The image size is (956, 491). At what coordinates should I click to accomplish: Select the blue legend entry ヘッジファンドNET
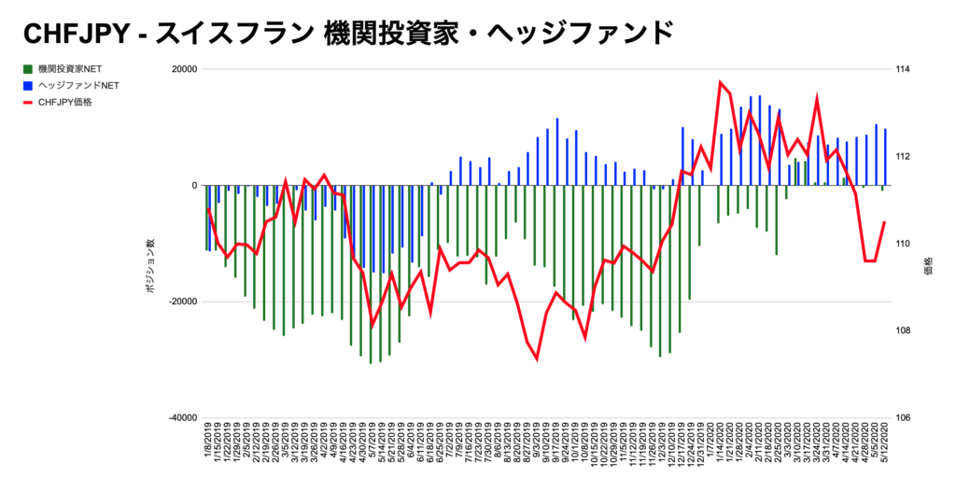[x=78, y=86]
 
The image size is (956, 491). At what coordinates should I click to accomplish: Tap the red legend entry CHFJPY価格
[x=65, y=103]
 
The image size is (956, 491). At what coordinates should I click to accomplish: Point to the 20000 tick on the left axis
[x=184, y=70]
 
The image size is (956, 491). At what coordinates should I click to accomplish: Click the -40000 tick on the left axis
[x=181, y=418]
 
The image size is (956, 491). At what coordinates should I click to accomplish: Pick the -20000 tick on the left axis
[x=181, y=302]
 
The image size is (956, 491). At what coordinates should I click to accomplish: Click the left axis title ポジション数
[x=149, y=269]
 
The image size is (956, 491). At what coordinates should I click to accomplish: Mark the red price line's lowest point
[x=537, y=358]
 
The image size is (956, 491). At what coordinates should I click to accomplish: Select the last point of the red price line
[x=884, y=222]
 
